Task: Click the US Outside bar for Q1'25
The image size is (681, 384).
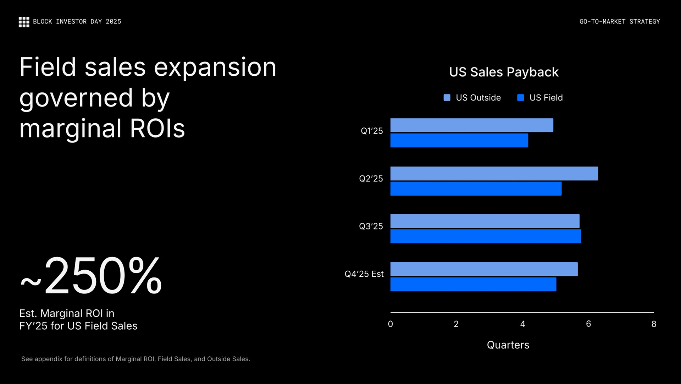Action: tap(472, 125)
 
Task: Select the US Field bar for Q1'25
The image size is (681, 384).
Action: tap(459, 141)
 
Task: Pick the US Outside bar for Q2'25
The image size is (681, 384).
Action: tap(494, 174)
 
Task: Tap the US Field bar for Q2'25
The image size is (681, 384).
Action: tap(476, 189)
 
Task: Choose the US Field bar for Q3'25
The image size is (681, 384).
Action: tap(486, 237)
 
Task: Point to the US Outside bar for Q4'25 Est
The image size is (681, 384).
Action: tap(484, 269)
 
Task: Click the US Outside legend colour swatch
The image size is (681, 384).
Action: tap(447, 98)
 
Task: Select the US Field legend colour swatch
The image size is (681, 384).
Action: tap(521, 98)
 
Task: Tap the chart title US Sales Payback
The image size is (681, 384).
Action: tap(504, 72)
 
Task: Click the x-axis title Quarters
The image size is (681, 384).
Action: tap(508, 345)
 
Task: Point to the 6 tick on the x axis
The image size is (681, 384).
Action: tap(588, 324)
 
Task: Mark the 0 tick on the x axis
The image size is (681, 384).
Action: tap(391, 324)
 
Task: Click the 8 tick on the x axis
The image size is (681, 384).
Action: tap(654, 324)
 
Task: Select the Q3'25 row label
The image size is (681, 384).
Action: tap(371, 226)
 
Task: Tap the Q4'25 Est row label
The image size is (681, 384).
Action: tap(364, 274)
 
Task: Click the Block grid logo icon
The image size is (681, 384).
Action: tap(24, 22)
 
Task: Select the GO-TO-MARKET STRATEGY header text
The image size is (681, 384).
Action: tap(620, 22)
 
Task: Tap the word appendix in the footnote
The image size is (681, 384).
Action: tap(49, 359)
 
